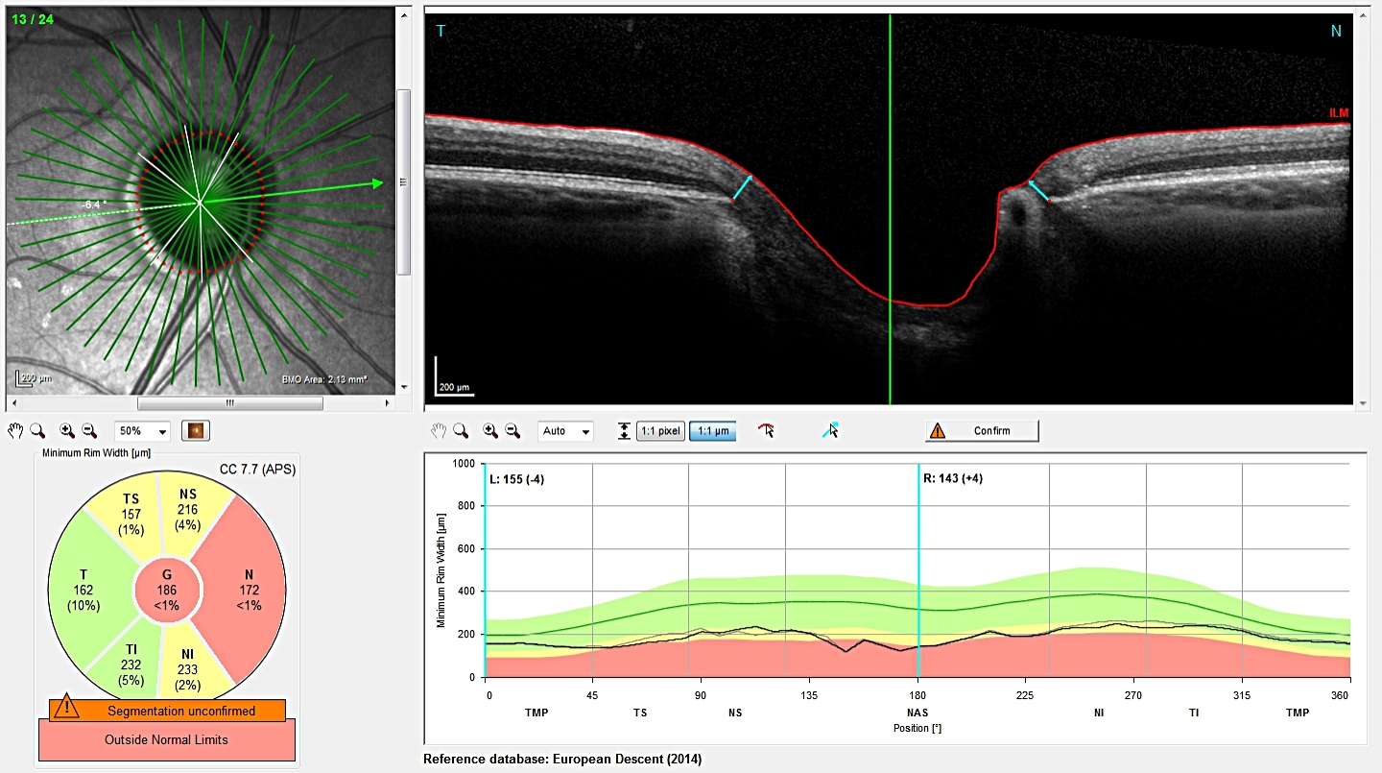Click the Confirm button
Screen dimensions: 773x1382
click(x=982, y=431)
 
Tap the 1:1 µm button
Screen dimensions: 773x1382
click(x=712, y=431)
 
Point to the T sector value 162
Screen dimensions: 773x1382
click(x=83, y=587)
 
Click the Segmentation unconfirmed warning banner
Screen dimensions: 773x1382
click(x=168, y=711)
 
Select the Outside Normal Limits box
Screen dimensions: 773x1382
click(x=168, y=740)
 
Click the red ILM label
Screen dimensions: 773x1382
click(x=1338, y=113)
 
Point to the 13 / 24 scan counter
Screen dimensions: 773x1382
click(x=32, y=18)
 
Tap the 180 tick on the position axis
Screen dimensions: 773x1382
click(x=917, y=694)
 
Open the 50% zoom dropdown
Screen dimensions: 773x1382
click(x=142, y=431)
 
